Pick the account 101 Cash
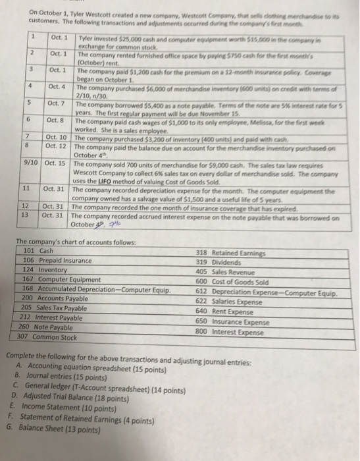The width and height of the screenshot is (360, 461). click(x=47, y=251)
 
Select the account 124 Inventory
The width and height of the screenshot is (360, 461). click(x=53, y=269)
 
